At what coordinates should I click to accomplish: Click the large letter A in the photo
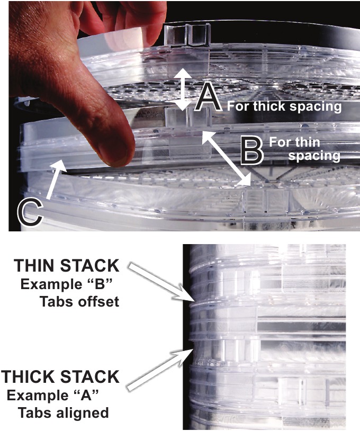(208, 99)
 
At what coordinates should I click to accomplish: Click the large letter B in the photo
(251, 150)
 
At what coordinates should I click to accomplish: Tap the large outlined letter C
(30, 212)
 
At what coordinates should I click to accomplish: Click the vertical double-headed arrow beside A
(183, 89)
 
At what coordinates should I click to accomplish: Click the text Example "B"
(67, 284)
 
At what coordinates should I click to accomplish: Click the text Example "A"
(53, 396)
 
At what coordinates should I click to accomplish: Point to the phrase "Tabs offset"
(80, 301)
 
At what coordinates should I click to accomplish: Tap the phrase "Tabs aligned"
(64, 413)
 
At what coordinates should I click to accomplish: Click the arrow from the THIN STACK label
(159, 281)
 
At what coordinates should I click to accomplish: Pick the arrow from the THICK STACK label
(159, 369)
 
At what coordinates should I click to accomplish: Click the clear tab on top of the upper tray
(187, 35)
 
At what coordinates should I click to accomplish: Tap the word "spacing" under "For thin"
(314, 156)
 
